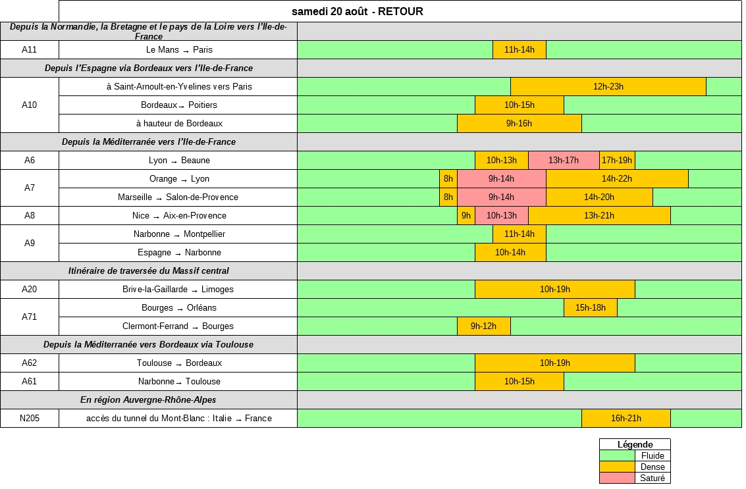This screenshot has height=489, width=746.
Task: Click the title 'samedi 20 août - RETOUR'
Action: coord(358,11)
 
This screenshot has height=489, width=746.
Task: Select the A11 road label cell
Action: coord(30,49)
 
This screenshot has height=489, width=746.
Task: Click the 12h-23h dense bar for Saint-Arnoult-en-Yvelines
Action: coord(608,86)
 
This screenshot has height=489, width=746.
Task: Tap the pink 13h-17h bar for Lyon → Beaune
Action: coord(563,160)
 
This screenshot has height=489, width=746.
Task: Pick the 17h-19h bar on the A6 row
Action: coord(617,160)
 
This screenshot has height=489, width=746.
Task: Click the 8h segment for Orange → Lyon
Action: coord(448,178)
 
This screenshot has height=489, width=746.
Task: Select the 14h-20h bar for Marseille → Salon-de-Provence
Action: coord(599,197)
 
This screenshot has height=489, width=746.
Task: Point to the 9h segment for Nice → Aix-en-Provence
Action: coord(466,215)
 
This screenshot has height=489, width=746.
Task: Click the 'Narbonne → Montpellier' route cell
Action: coord(179,234)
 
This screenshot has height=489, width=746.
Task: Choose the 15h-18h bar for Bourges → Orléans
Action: coord(590,307)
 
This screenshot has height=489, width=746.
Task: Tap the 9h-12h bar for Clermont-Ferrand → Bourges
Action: coord(483,326)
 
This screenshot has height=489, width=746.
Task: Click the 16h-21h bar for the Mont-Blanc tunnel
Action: coord(626,418)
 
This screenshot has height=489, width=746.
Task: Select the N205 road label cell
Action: coord(30,418)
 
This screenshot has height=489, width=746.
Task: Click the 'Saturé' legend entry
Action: coord(653,478)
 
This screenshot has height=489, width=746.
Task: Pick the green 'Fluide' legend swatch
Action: coord(616,455)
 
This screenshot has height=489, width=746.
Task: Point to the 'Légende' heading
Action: coord(635,444)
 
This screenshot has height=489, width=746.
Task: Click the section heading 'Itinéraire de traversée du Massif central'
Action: coord(149,270)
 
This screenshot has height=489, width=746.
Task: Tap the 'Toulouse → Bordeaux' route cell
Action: coord(179,363)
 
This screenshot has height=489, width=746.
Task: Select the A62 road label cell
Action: coord(30,363)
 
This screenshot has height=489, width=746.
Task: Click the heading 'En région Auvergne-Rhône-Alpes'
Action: coord(149,399)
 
